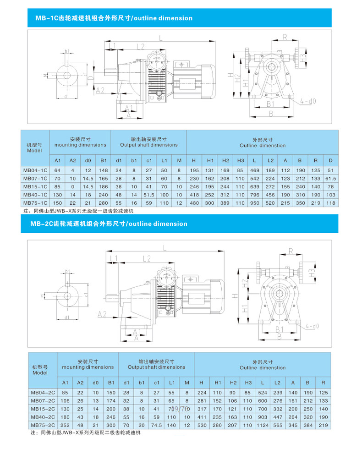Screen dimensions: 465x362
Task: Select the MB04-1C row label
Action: pyautogui.click(x=34, y=170)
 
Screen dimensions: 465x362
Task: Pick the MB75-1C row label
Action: pyautogui.click(x=34, y=202)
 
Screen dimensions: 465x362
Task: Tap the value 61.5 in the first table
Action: pyautogui.click(x=330, y=178)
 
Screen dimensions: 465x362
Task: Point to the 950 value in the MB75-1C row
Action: pyautogui.click(x=254, y=202)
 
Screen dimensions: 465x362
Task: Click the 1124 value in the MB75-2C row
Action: pyautogui.click(x=263, y=425)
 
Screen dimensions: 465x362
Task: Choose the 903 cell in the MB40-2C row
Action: pyautogui.click(x=263, y=416)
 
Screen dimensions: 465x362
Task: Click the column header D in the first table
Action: pyautogui.click(x=330, y=161)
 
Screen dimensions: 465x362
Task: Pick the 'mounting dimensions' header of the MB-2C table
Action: pyautogui.click(x=88, y=367)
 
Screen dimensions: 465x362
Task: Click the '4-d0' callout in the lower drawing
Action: pyautogui.click(x=311, y=326)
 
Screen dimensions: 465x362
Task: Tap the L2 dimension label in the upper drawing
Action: pyautogui.click(x=140, y=46)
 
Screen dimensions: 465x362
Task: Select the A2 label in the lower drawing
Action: pyautogui.click(x=102, y=314)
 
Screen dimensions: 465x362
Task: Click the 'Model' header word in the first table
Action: pyautogui.click(x=34, y=150)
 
